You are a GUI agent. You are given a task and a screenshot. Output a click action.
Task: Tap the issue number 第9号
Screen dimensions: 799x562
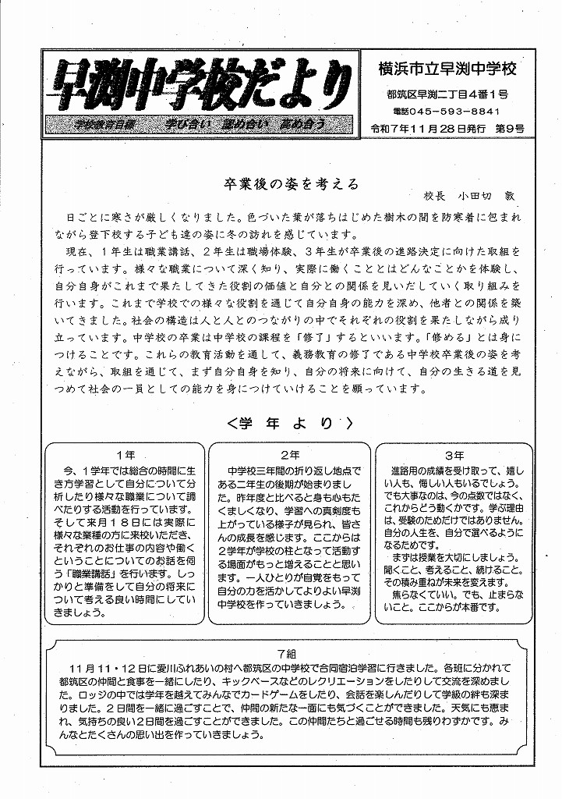[509, 127]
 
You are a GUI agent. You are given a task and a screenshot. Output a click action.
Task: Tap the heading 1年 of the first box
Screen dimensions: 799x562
[125, 455]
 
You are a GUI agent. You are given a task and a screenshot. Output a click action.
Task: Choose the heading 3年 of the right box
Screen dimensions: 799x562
[454, 455]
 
